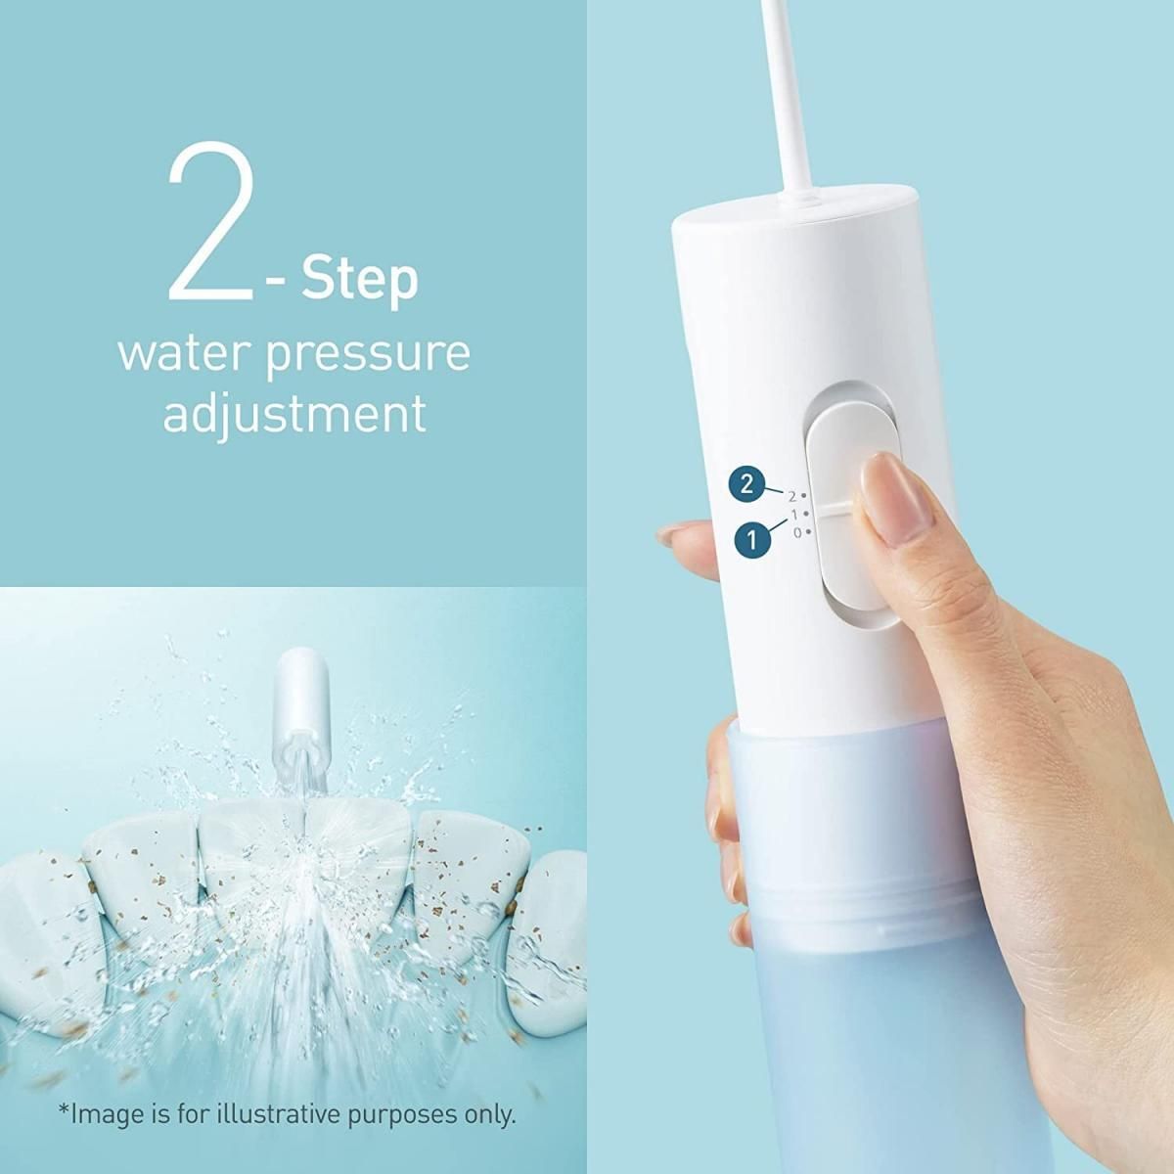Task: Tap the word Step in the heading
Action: [x=360, y=280]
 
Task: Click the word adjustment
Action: [x=294, y=414]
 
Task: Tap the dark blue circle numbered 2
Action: [x=746, y=484]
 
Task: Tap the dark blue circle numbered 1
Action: [x=752, y=539]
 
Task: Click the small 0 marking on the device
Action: [x=797, y=532]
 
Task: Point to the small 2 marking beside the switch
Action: [x=792, y=496]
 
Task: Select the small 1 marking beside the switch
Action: [x=794, y=515]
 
